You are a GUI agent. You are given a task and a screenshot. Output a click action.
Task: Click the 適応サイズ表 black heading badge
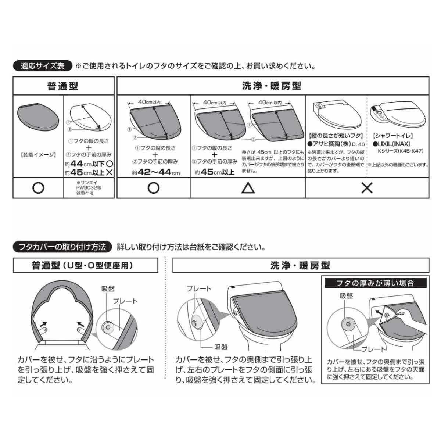click(43, 66)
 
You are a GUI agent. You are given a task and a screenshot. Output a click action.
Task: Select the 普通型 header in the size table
click(63, 86)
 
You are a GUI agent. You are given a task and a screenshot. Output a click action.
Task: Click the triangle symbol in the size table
click(248, 188)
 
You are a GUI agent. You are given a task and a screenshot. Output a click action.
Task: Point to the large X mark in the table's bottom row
click(367, 188)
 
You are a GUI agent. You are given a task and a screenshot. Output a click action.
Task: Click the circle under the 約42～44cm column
click(153, 188)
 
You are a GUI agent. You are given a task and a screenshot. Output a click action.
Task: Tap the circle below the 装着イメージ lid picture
click(38, 188)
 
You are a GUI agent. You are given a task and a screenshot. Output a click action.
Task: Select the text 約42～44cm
click(156, 173)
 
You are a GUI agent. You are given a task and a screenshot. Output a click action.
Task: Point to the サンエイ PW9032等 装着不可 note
click(89, 188)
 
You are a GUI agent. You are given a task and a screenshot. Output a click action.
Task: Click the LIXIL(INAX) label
click(391, 144)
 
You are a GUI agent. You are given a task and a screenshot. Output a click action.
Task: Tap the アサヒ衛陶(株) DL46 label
click(336, 144)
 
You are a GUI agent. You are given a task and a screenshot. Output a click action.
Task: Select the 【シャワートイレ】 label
click(393, 136)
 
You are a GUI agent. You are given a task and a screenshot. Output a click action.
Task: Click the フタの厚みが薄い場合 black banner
click(376, 283)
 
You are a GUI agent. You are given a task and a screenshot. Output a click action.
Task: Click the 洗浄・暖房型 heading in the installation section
click(301, 266)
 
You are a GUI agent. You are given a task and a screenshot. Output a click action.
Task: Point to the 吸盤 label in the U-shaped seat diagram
click(108, 289)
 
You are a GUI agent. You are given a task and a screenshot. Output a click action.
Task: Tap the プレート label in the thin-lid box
click(373, 349)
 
